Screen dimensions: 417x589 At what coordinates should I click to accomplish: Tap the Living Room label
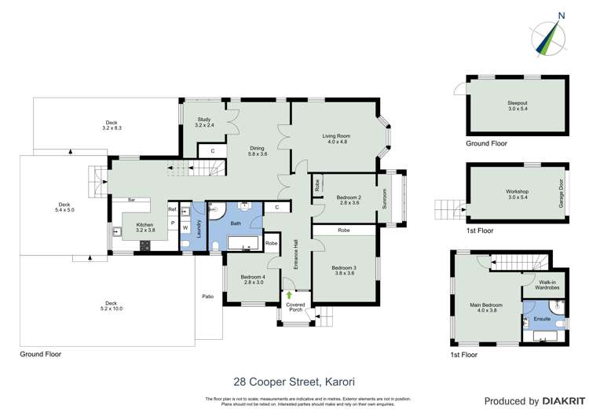(336, 139)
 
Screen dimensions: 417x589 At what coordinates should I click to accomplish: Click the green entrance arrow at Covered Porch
(289, 294)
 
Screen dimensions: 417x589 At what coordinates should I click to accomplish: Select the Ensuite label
(542, 319)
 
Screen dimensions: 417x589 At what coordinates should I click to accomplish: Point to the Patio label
(207, 297)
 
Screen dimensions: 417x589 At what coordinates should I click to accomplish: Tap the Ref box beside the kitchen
(172, 209)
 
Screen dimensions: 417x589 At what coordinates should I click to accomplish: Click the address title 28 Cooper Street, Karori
(294, 382)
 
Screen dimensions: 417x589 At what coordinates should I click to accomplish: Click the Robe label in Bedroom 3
(344, 231)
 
